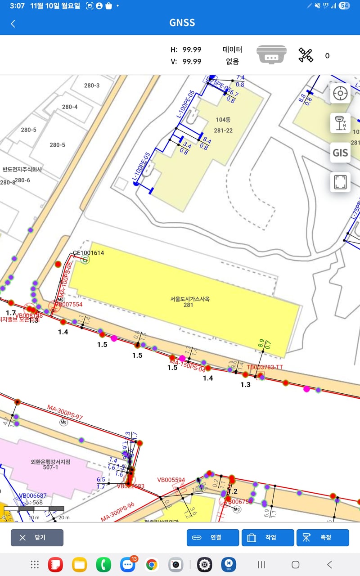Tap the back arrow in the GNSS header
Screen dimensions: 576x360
tap(13, 24)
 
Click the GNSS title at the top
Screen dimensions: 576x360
tap(182, 22)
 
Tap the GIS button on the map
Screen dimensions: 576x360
tap(340, 153)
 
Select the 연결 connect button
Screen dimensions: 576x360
tap(213, 537)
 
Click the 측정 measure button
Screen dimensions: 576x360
tap(323, 537)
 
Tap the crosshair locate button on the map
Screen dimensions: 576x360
tap(340, 94)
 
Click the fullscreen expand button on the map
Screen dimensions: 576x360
tap(340, 182)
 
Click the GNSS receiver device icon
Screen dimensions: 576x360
tap(271, 55)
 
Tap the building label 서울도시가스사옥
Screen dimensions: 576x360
tap(190, 299)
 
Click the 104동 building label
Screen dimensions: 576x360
tap(223, 120)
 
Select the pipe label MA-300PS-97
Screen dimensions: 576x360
tap(65, 413)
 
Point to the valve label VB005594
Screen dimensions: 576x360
tap(171, 480)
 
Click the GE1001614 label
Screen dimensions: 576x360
tap(89, 253)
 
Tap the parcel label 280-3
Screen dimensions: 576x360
tap(92, 85)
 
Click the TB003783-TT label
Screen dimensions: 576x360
tap(265, 367)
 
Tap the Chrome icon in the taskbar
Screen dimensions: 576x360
tap(152, 564)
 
